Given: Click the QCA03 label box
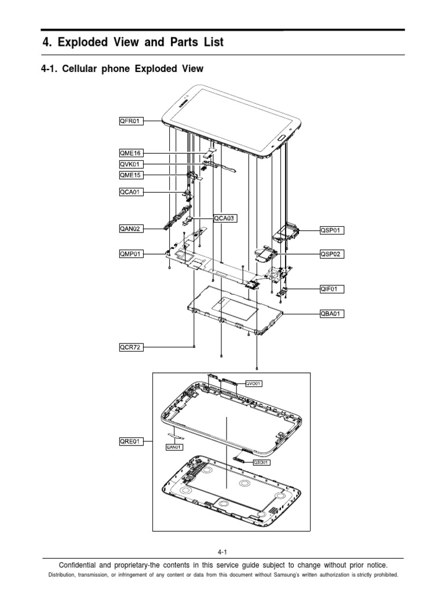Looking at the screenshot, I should (x=225, y=219).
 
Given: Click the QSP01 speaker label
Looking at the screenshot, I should (x=331, y=230).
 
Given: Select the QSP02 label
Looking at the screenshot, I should (x=331, y=253).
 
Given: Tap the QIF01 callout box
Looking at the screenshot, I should (x=331, y=288).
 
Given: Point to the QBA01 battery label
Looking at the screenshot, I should (x=331, y=314).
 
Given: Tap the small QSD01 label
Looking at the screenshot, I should (x=260, y=462).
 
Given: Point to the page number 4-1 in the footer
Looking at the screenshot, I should (x=222, y=552).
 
